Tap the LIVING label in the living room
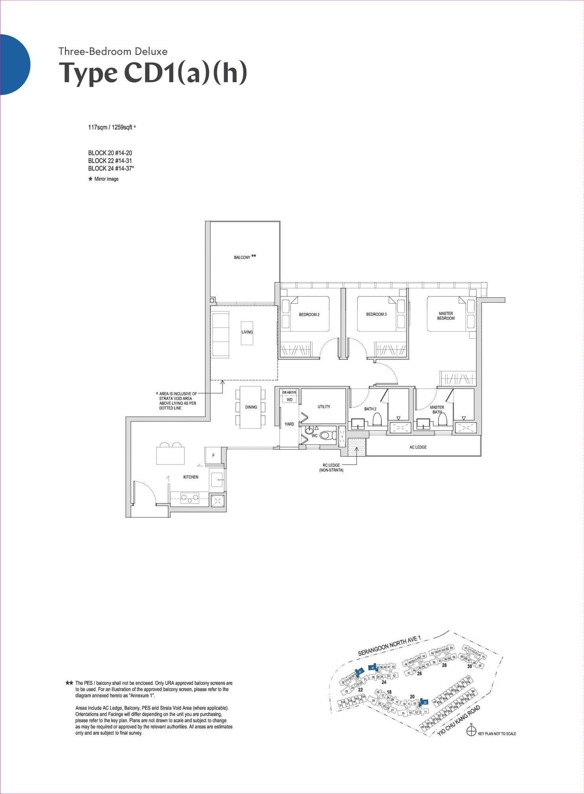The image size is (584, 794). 247,332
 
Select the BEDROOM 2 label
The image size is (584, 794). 309,315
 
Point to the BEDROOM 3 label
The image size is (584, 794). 376,314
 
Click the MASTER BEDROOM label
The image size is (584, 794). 446,316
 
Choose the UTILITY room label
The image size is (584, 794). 324,406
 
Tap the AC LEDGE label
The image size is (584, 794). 418,447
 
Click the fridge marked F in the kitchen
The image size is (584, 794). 213,456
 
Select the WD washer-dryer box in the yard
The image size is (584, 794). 289,400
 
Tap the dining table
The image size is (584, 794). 251,407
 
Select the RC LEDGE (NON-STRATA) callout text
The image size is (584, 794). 331,467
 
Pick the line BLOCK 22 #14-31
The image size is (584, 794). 110,161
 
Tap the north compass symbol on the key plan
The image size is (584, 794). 471,731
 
